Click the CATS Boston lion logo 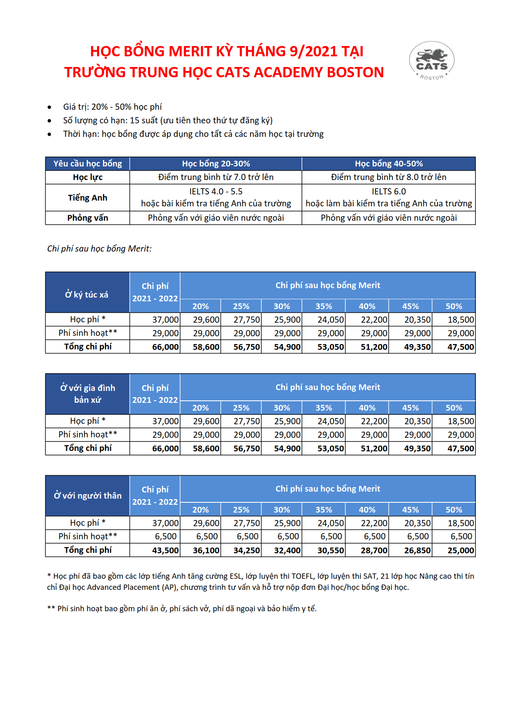(431, 60)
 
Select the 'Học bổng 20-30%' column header (216, 164)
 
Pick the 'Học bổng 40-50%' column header (389, 164)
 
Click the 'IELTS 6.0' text (389, 192)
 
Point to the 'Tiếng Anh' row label (88, 198)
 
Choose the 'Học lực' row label (88, 177)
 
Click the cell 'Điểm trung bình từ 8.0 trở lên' (389, 177)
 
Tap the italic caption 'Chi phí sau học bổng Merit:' (99, 249)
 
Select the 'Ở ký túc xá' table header (87, 294)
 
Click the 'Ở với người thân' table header (88, 496)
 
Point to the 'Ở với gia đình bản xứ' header (88, 394)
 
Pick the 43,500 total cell (165, 550)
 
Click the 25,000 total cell (461, 550)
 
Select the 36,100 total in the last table (206, 550)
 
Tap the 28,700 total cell (374, 550)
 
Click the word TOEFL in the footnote (302, 576)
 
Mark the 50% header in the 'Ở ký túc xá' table (454, 306)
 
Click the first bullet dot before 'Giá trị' (49, 107)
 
